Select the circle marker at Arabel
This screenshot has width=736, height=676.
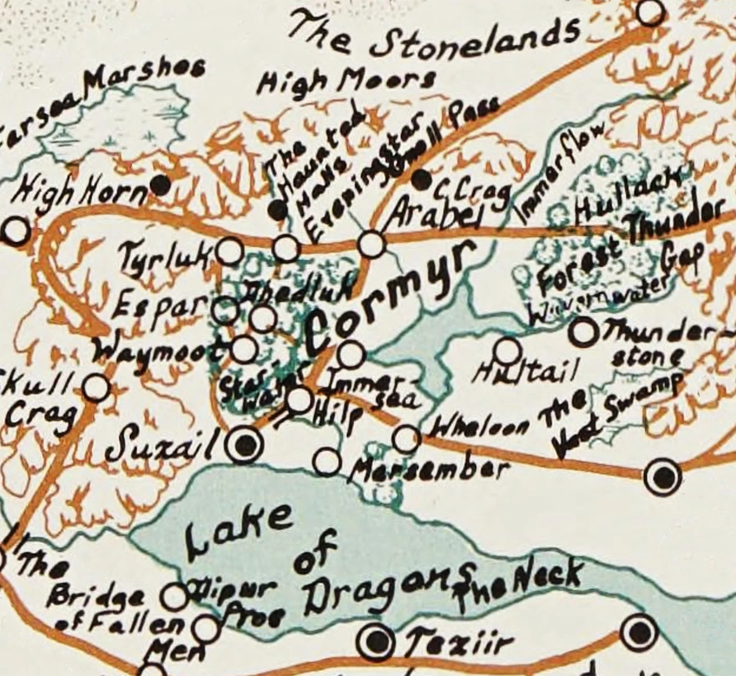point(371,244)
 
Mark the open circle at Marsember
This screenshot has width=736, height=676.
point(327,462)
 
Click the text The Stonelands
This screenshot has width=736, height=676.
point(434,37)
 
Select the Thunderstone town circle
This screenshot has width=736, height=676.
point(583,332)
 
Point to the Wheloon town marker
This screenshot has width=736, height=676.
point(406,439)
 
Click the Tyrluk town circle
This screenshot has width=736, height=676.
point(229,251)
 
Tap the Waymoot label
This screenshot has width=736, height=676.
point(161,351)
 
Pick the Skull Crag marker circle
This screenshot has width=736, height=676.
point(95,388)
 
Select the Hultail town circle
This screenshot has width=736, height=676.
point(507,351)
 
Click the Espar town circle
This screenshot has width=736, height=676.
point(225,310)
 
